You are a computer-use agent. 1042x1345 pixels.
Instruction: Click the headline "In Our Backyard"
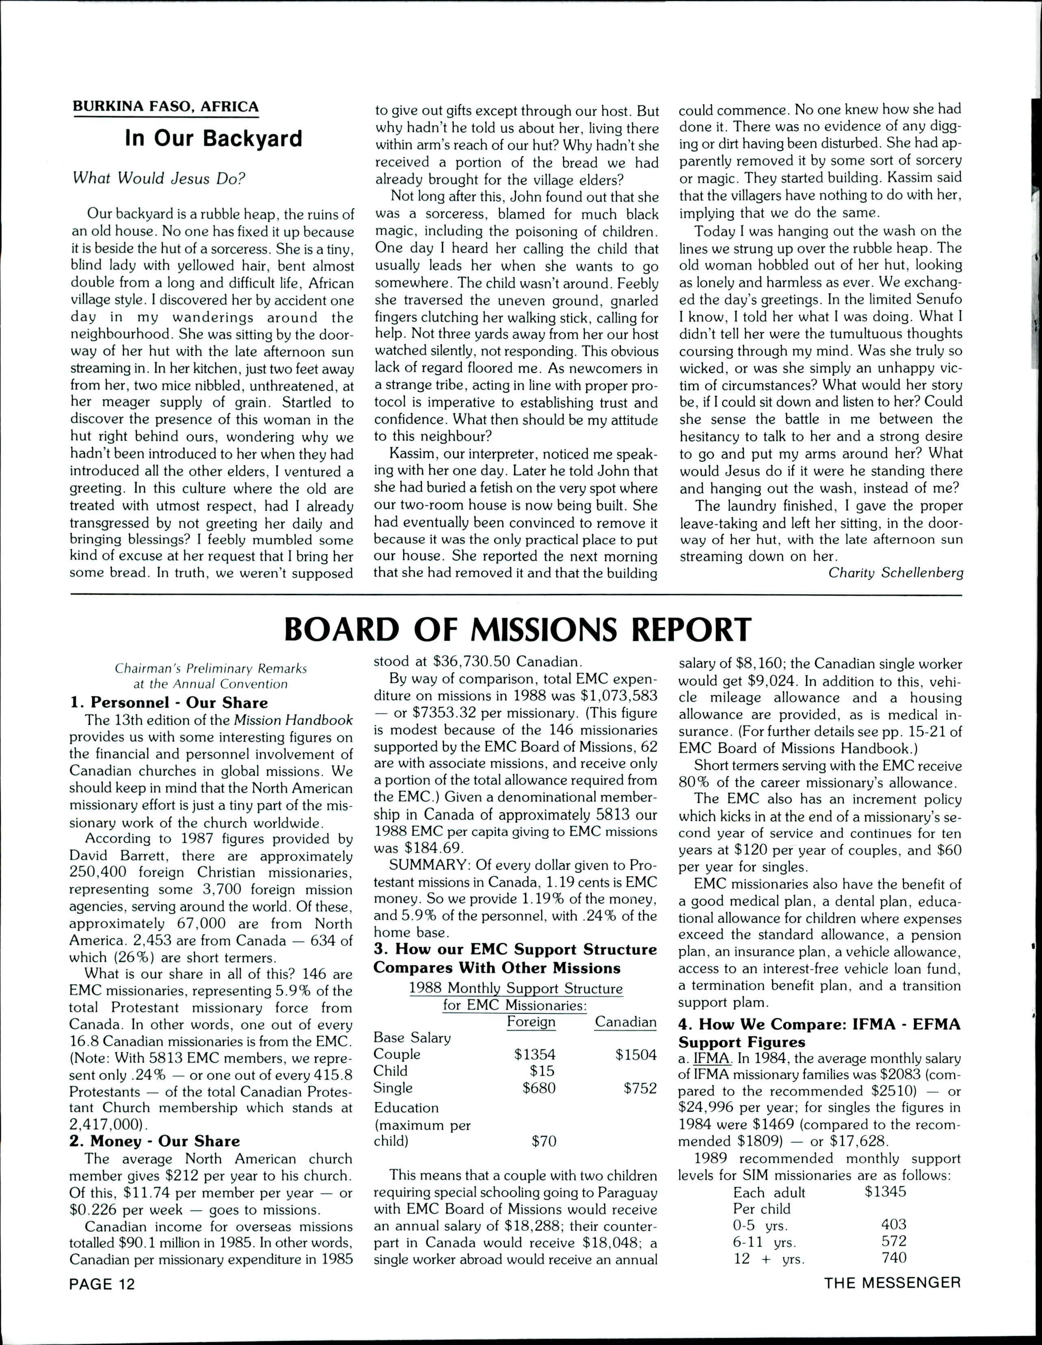click(x=213, y=138)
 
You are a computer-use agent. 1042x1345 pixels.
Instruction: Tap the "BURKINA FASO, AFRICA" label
click(x=166, y=106)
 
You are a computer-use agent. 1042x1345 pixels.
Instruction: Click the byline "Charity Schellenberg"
click(x=895, y=572)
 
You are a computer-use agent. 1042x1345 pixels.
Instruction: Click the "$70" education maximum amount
click(x=544, y=1141)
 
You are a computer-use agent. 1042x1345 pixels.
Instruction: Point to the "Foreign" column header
click(x=530, y=1022)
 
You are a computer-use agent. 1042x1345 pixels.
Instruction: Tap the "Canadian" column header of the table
click(x=625, y=1022)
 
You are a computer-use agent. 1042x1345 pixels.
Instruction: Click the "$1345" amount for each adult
click(x=885, y=1191)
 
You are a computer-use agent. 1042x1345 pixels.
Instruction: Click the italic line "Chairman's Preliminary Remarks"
click(x=211, y=669)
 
